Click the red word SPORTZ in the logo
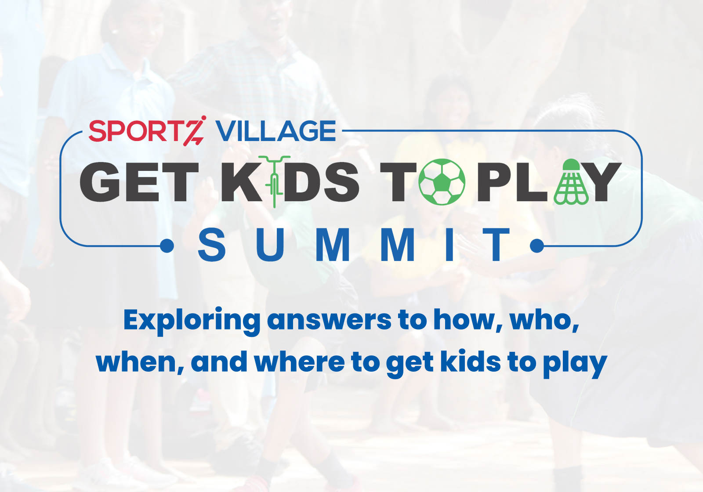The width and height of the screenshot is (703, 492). [148, 131]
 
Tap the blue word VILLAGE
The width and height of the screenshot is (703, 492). [275, 131]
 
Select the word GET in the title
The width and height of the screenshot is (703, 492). [139, 182]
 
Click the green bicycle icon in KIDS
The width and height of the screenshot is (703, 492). [275, 182]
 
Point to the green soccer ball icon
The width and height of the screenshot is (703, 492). [442, 182]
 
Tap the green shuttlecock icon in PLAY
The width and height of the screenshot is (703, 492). [571, 182]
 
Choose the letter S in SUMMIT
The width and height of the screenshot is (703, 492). [212, 245]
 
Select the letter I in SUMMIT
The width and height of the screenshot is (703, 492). [449, 245]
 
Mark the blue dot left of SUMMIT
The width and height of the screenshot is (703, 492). [167, 246]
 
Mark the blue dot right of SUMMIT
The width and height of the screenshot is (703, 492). [536, 246]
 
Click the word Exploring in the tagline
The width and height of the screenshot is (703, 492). [192, 321]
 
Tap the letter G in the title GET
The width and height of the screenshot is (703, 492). [99, 182]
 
